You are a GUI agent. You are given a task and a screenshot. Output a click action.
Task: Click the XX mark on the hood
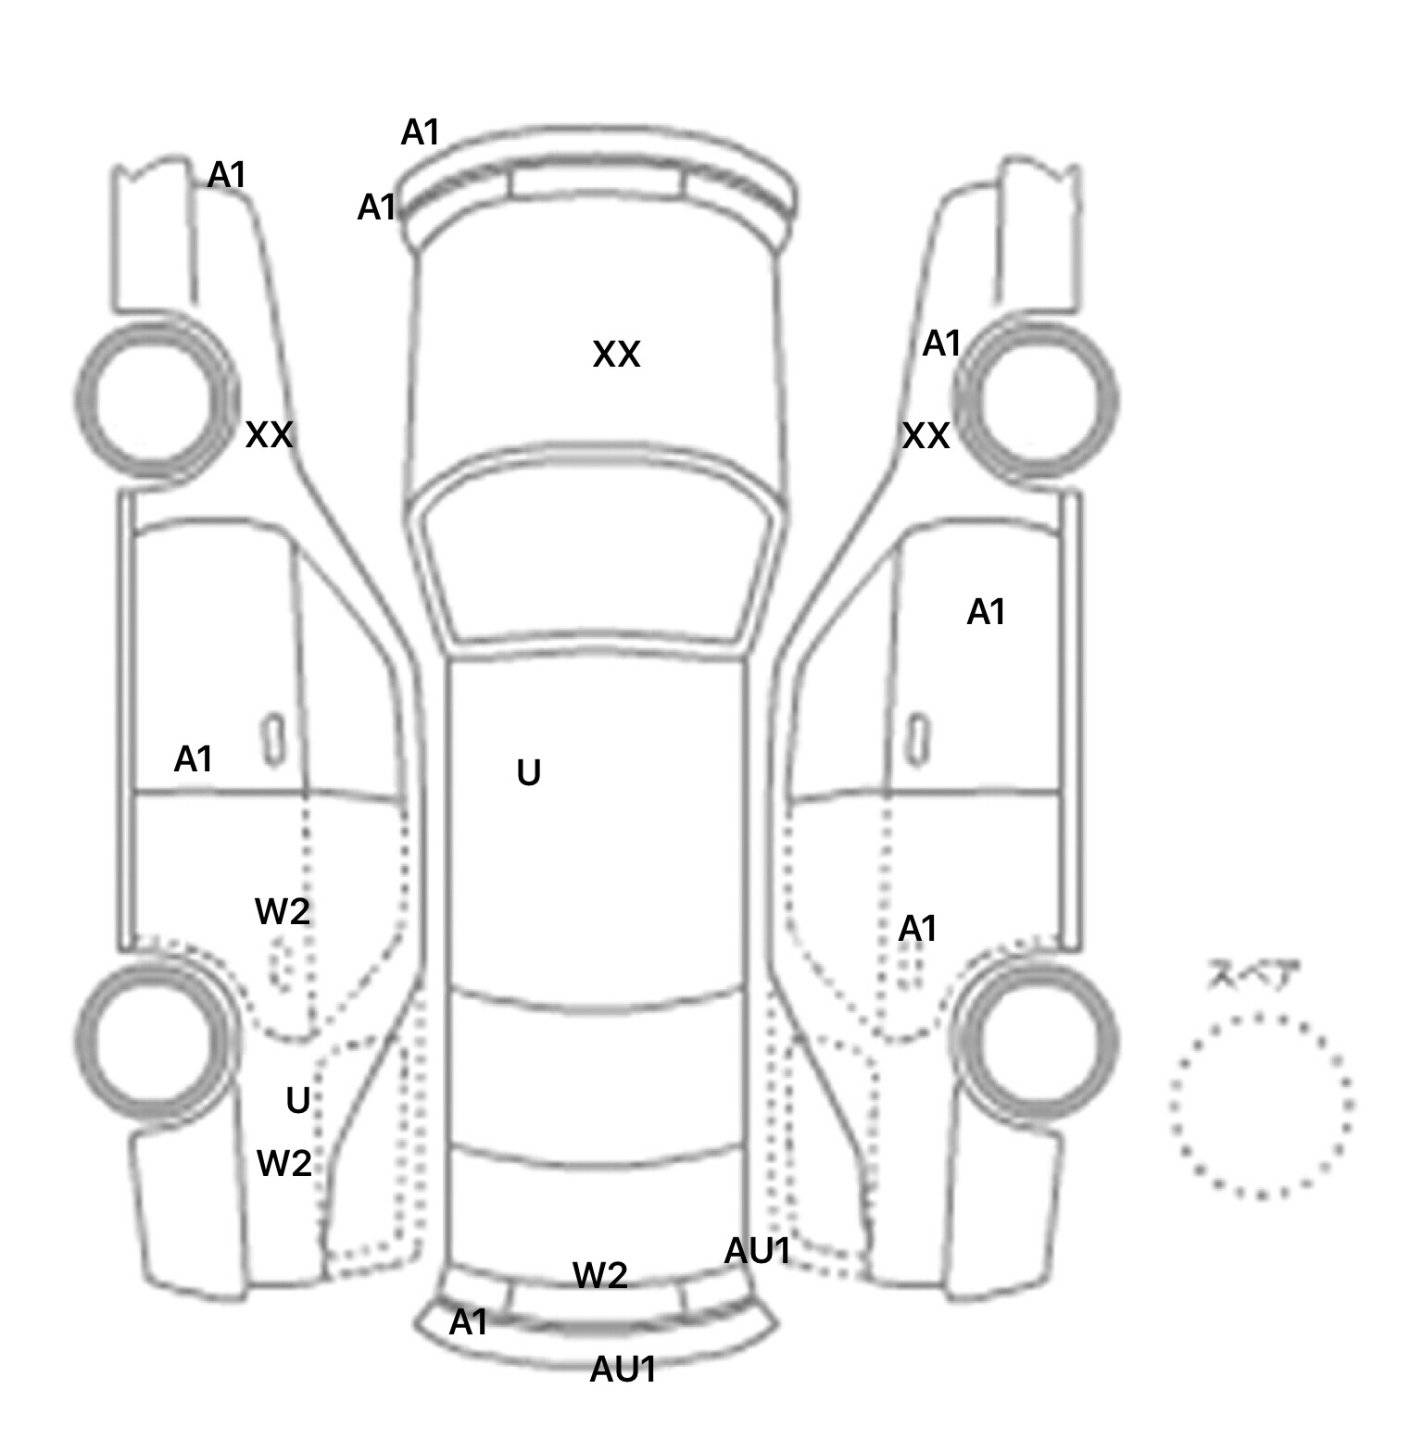(x=616, y=355)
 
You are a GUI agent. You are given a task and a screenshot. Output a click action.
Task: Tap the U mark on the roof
(x=528, y=772)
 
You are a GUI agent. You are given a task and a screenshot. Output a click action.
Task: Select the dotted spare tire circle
(x=1261, y=1105)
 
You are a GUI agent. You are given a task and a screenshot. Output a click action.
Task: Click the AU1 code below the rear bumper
(x=623, y=1370)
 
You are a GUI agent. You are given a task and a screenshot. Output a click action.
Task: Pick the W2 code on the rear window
(x=600, y=1276)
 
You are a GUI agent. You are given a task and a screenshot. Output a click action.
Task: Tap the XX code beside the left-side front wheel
(x=269, y=434)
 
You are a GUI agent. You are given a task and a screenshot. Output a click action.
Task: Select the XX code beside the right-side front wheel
(x=926, y=436)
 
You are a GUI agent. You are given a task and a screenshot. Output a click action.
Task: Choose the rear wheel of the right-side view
(x=1036, y=1040)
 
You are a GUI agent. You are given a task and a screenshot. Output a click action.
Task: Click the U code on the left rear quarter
(x=297, y=1101)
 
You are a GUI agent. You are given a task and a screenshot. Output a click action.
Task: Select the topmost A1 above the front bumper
(x=420, y=133)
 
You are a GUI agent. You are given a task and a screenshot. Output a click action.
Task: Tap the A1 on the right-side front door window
(x=986, y=612)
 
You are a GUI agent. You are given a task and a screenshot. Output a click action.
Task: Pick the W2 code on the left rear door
(x=282, y=912)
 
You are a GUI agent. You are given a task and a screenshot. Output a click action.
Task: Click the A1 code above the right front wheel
(x=942, y=344)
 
